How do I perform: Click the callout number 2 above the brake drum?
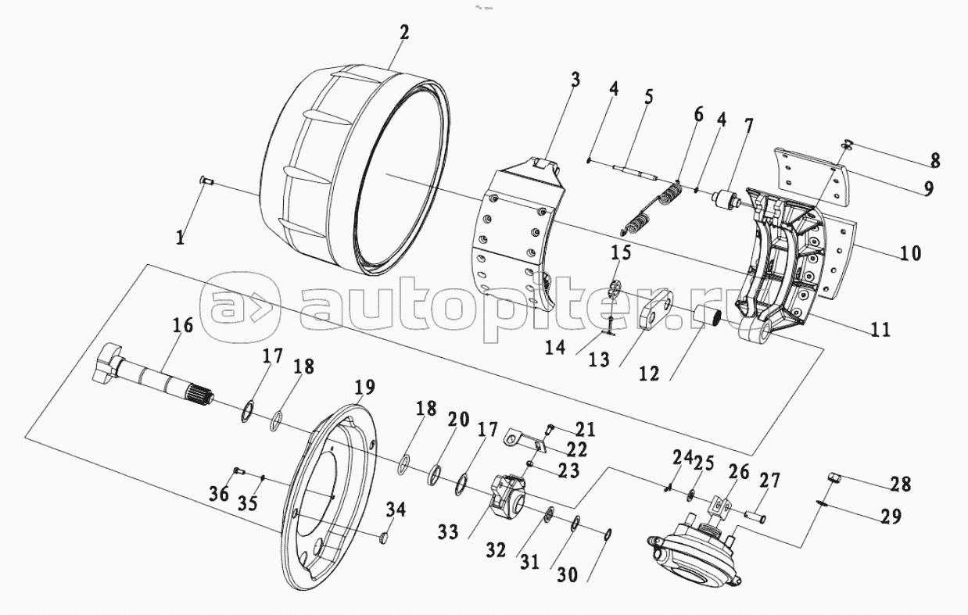coord(403,33)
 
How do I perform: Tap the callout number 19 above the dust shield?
coord(364,387)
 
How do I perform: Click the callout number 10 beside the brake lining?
coord(910,253)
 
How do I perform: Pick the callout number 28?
coord(900,484)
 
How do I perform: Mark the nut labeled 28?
coord(834,478)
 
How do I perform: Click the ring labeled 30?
coord(608,534)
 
